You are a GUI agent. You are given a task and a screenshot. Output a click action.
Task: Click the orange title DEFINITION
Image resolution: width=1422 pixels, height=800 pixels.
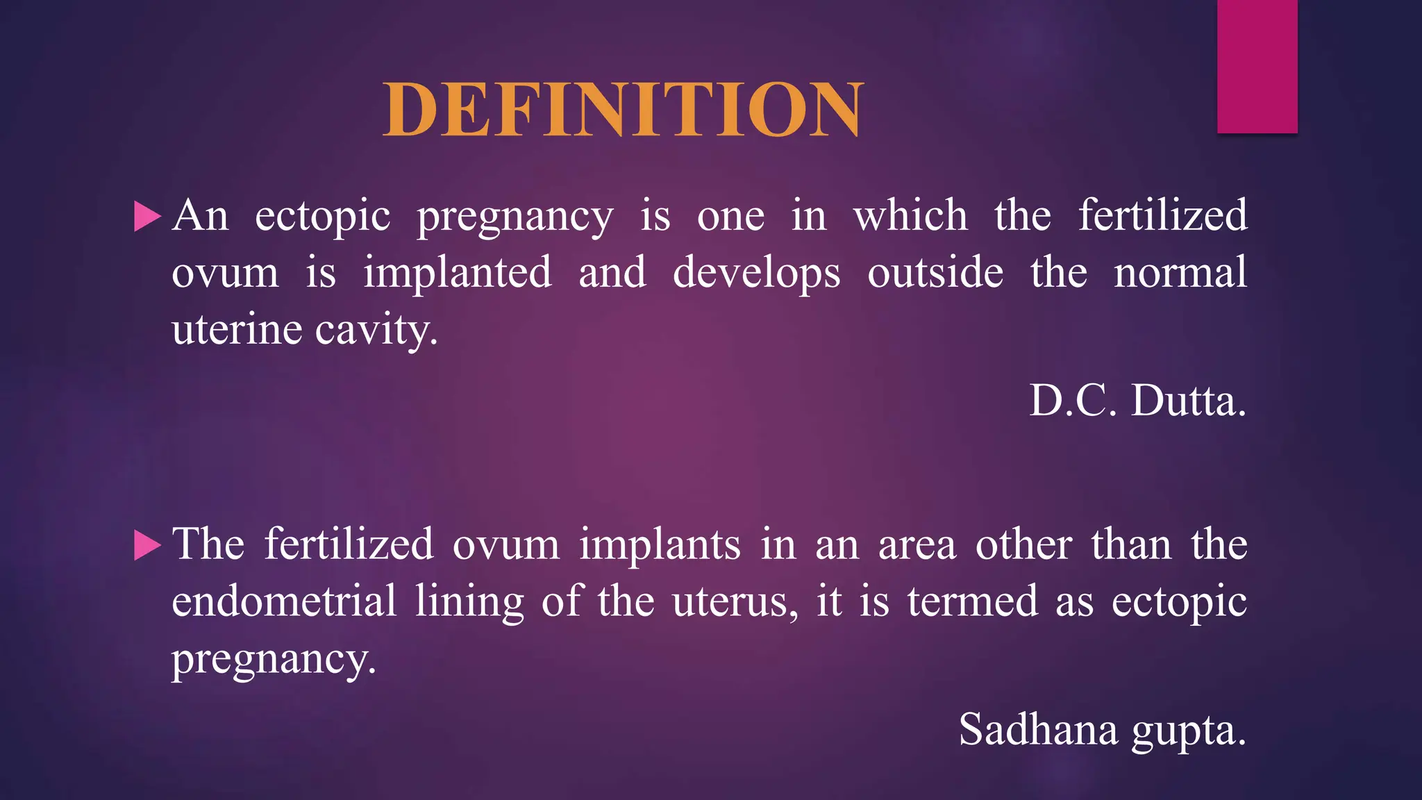pyautogui.click(x=623, y=110)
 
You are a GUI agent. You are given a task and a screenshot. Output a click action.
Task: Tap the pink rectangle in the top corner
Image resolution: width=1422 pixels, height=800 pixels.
pyautogui.click(x=1257, y=66)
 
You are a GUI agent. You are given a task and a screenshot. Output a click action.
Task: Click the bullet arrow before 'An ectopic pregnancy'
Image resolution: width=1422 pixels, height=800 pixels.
pyautogui.click(x=147, y=217)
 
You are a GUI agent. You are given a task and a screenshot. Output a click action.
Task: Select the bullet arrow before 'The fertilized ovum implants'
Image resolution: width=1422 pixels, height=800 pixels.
pyautogui.click(x=147, y=545)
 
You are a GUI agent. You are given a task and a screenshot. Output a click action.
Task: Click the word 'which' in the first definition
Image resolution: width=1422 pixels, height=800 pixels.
pyautogui.click(x=910, y=215)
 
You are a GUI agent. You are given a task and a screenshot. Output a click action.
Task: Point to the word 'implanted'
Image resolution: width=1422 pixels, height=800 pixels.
pyautogui.click(x=458, y=272)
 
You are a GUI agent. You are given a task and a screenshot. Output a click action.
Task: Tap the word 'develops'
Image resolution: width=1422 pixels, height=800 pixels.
pyautogui.click(x=756, y=274)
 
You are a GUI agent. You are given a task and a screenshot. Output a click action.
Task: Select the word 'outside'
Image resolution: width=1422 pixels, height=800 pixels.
pyautogui.click(x=935, y=272)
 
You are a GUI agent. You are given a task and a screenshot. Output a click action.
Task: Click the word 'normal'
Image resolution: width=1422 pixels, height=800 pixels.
pyautogui.click(x=1180, y=272)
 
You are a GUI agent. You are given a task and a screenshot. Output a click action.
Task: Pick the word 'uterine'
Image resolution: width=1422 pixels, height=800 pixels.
pyautogui.click(x=237, y=329)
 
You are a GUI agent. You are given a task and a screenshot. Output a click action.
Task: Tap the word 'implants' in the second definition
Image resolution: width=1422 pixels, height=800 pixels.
pyautogui.click(x=660, y=544)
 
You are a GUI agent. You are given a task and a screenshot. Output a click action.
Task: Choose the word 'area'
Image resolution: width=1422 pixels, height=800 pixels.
pyautogui.click(x=917, y=546)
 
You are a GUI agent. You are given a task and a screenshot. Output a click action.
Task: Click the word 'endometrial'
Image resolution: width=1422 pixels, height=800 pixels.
pyautogui.click(x=284, y=601)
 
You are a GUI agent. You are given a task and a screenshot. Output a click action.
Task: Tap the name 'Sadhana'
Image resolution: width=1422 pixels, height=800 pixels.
pyautogui.click(x=1038, y=730)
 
